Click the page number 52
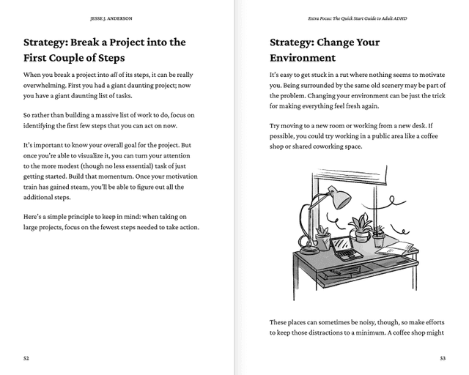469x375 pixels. point(26,359)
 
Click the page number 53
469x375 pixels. point(443,359)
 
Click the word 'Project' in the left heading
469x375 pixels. point(128,42)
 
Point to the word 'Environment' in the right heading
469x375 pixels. point(303,58)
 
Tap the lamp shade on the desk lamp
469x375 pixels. point(338,196)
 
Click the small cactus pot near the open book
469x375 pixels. point(378,237)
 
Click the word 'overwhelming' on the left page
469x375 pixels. point(45,87)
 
